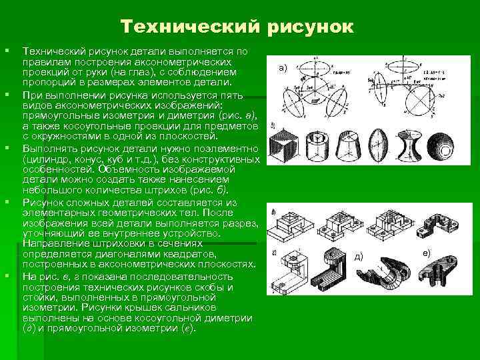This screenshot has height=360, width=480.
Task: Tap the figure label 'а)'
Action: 283,67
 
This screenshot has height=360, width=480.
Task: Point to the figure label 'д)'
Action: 358,256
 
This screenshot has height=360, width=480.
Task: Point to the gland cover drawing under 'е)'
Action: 443,270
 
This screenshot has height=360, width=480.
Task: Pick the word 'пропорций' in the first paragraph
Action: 46,82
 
